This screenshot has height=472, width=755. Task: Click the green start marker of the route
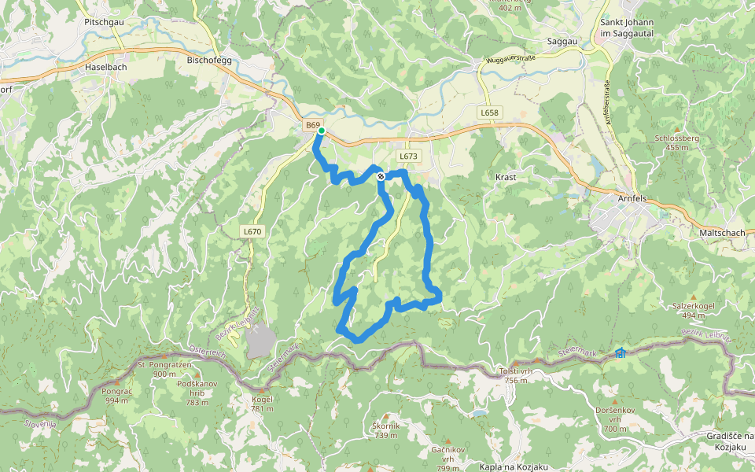[321, 131]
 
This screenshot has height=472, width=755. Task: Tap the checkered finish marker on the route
[381, 176]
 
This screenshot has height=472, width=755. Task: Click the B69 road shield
[313, 126]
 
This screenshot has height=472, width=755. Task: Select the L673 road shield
[407, 157]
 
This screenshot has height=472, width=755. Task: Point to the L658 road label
[489, 113]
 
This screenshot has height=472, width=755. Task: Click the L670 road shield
[252, 232]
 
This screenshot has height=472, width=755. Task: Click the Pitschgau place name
[104, 23]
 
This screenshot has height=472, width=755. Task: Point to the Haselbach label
[105, 68]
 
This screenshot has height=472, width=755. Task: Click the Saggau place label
[563, 41]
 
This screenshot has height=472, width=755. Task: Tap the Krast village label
[506, 178]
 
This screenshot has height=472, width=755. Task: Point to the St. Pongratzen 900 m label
[164, 370]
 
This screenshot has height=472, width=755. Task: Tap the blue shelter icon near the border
[621, 353]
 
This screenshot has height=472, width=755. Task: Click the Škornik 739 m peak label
[386, 430]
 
